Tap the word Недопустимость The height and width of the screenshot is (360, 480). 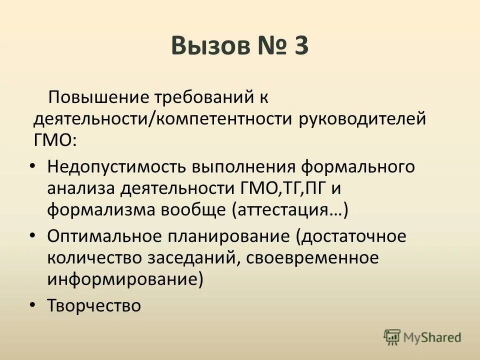[x=113, y=166]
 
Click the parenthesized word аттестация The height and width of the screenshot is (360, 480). [x=289, y=210]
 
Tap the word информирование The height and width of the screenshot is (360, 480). [x=125, y=279]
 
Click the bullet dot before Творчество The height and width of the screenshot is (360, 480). [x=32, y=303]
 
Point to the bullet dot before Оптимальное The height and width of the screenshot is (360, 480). [x=32, y=234]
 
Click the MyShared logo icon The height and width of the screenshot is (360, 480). [x=392, y=337]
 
